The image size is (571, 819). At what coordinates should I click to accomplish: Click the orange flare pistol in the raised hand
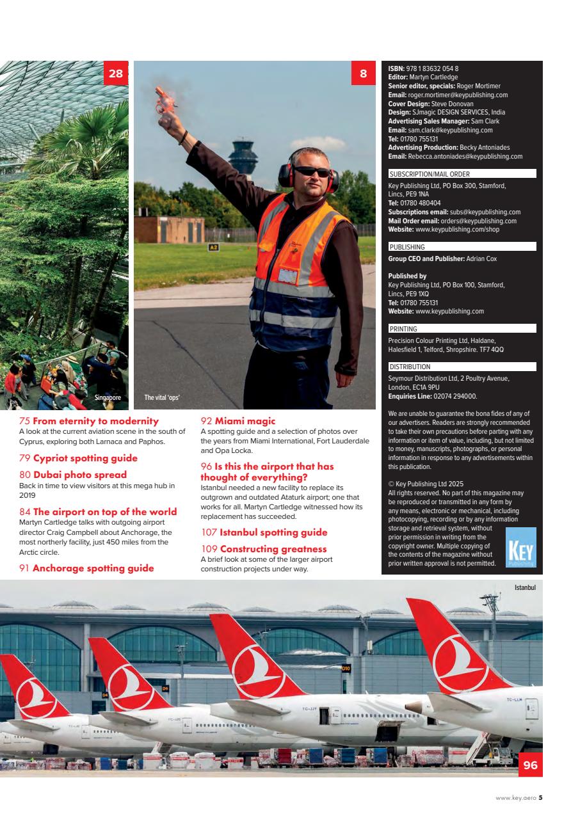click(164, 101)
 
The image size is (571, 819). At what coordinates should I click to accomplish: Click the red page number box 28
click(115, 74)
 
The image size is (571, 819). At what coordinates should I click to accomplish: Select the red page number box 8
click(363, 74)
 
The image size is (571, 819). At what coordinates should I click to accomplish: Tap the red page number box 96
click(530, 765)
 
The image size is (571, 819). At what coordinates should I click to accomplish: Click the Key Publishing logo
click(520, 548)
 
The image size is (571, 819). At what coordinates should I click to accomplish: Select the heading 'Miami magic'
click(245, 421)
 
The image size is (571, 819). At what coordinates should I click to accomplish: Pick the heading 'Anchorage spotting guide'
click(93, 568)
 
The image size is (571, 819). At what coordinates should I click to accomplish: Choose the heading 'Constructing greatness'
click(273, 549)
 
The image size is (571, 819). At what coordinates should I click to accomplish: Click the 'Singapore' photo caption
click(108, 397)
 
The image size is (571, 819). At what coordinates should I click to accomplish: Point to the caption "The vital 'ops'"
click(162, 397)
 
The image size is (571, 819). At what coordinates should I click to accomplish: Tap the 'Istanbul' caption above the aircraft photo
click(524, 587)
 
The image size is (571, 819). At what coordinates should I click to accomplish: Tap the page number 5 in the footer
click(540, 797)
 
